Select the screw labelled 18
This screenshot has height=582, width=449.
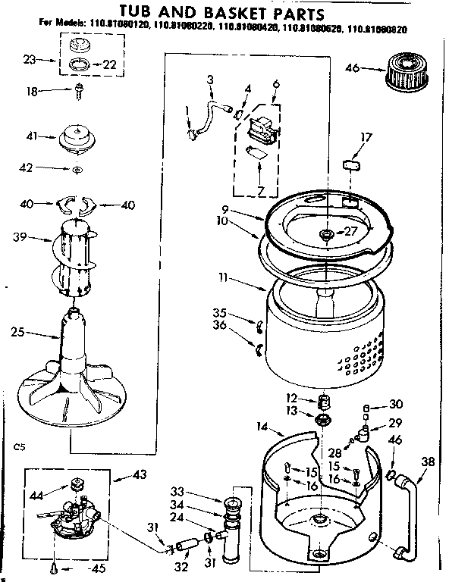click(x=78, y=93)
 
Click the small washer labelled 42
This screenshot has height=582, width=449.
click(x=78, y=170)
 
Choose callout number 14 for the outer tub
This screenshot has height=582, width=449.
click(x=261, y=427)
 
